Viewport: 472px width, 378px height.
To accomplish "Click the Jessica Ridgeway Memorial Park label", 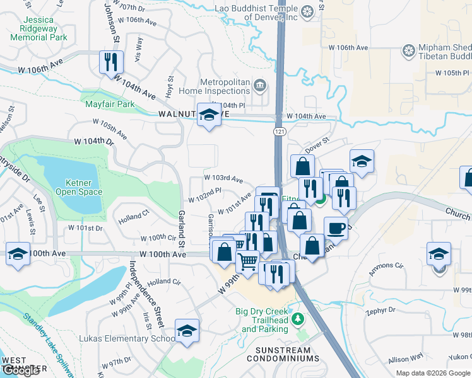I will tap(38, 28).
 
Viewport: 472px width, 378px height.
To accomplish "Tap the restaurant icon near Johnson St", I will tap(110, 62).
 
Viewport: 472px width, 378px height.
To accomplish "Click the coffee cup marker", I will tap(336, 227).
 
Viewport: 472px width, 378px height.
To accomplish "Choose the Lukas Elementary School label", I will tap(127, 338).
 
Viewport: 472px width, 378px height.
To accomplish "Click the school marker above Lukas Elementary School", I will tap(187, 331).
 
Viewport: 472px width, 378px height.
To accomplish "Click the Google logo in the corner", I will tap(20, 370).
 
